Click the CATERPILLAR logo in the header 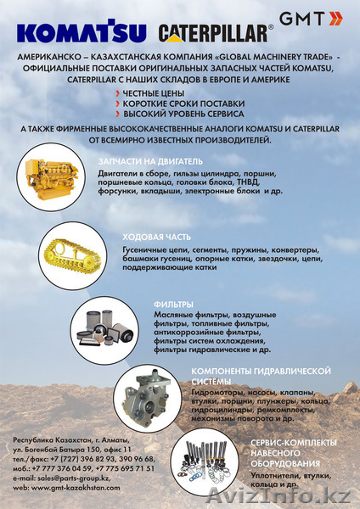point(217,32)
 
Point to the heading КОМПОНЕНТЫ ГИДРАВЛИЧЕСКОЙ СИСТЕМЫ point(259,377)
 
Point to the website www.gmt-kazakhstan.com point(72,489)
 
